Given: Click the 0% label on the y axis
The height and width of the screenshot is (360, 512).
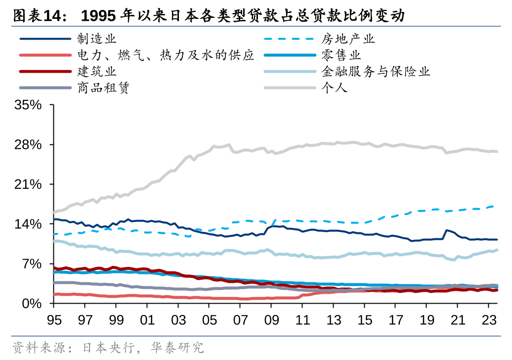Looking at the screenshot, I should pyautogui.click(x=34, y=303).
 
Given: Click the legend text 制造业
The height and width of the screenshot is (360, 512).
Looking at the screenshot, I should pyautogui.click(x=96, y=39).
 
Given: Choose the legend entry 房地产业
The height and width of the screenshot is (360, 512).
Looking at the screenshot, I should pyautogui.click(x=348, y=39).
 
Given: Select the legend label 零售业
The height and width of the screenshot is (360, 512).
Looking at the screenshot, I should pyautogui.click(x=341, y=55).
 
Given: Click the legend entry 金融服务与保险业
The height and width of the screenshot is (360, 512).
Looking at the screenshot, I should pyautogui.click(x=376, y=71).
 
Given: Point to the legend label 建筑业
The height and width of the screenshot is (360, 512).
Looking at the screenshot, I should pyautogui.click(x=96, y=71).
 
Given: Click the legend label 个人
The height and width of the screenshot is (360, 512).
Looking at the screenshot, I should pyautogui.click(x=335, y=88).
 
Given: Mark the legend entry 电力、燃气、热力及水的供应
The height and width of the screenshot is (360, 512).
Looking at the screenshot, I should pyautogui.click(x=166, y=55).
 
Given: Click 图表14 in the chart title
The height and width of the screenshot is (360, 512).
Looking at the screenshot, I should pyautogui.click(x=37, y=16).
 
